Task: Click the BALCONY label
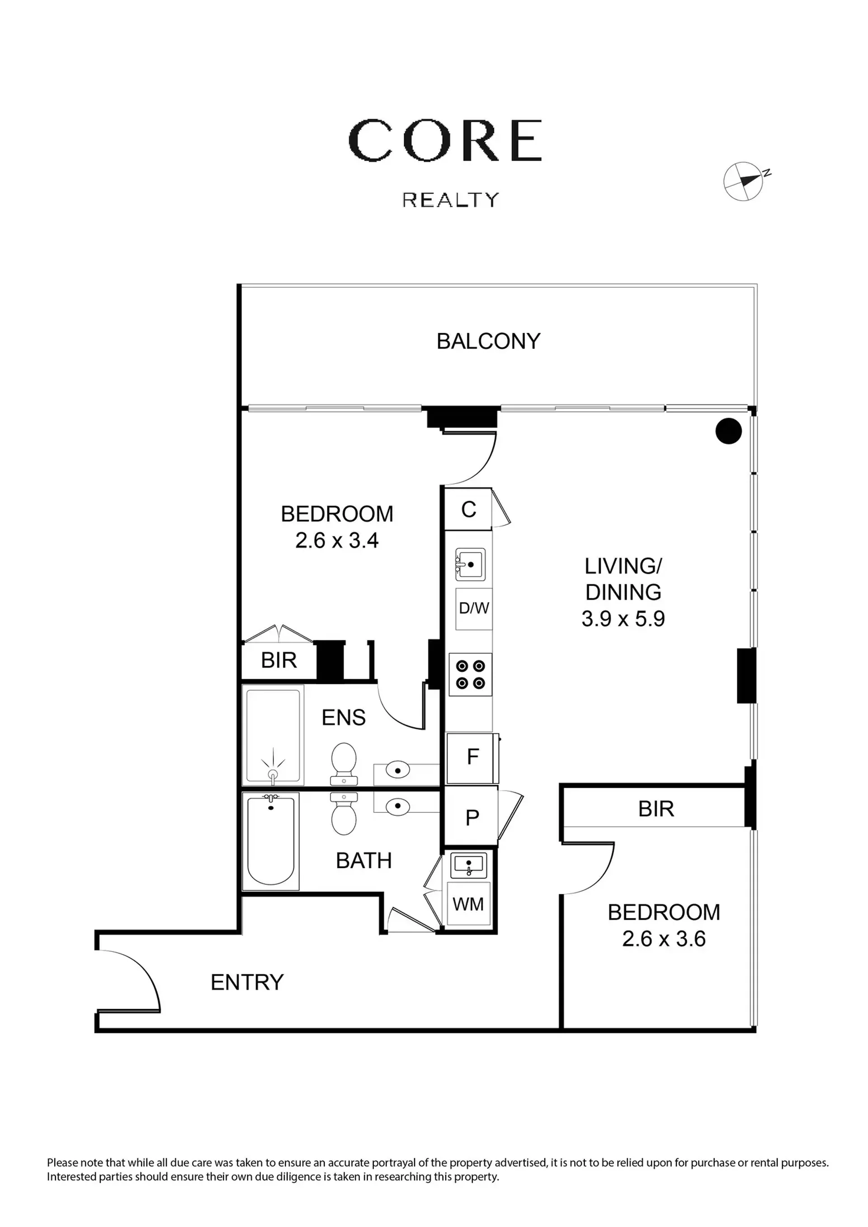(489, 341)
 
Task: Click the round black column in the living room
(728, 430)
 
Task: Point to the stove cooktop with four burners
(470, 674)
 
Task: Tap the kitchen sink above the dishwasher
(470, 564)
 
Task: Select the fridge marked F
(472, 758)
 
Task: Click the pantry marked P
(472, 818)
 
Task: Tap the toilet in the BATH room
(344, 813)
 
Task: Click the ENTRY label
(247, 982)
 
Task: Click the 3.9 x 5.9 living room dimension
(623, 619)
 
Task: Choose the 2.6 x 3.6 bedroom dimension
(664, 939)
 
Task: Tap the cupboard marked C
(468, 509)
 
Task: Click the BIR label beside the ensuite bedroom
(278, 661)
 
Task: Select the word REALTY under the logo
(451, 200)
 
